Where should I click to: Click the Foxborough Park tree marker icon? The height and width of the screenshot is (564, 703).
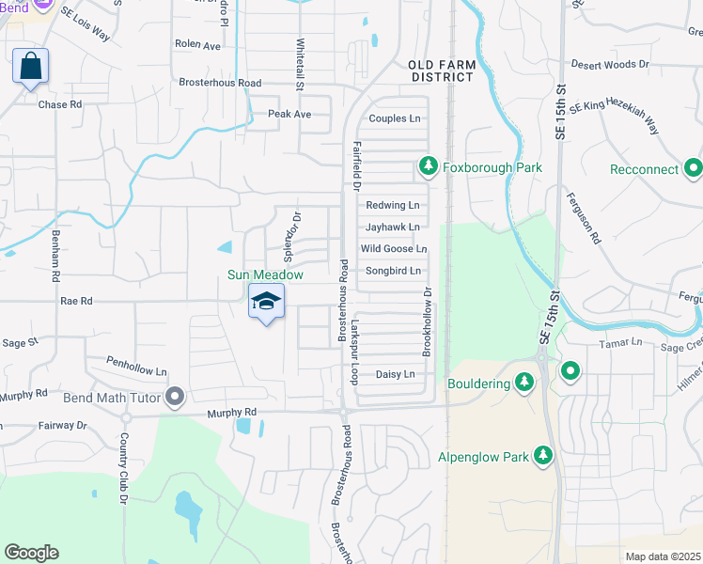tap(429, 167)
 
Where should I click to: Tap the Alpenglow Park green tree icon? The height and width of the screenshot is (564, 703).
tap(542, 457)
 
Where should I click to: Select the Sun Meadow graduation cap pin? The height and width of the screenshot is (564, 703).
tap(266, 303)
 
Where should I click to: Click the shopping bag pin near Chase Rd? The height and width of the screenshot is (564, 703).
tap(30, 67)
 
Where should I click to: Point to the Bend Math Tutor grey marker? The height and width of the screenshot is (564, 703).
tap(174, 397)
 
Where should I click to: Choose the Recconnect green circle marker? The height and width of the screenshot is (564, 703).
tap(694, 169)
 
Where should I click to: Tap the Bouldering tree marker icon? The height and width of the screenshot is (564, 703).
tap(525, 383)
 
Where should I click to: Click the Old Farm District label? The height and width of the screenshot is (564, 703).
tap(441, 70)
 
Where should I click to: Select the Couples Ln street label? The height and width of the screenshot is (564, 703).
tap(395, 118)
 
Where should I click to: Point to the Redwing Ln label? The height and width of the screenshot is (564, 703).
tap(392, 205)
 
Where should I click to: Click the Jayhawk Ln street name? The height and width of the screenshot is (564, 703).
tap(392, 227)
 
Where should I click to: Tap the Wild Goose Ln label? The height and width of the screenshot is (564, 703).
tap(394, 249)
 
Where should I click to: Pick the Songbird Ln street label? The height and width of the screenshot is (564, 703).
tap(392, 271)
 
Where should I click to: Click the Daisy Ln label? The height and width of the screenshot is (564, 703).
tap(395, 374)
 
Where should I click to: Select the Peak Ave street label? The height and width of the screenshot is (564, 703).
tap(289, 114)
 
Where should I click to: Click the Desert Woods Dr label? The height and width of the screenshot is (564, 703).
tap(610, 65)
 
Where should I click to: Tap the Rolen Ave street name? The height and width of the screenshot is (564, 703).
tap(197, 45)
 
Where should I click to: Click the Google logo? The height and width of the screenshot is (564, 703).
tap(31, 553)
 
